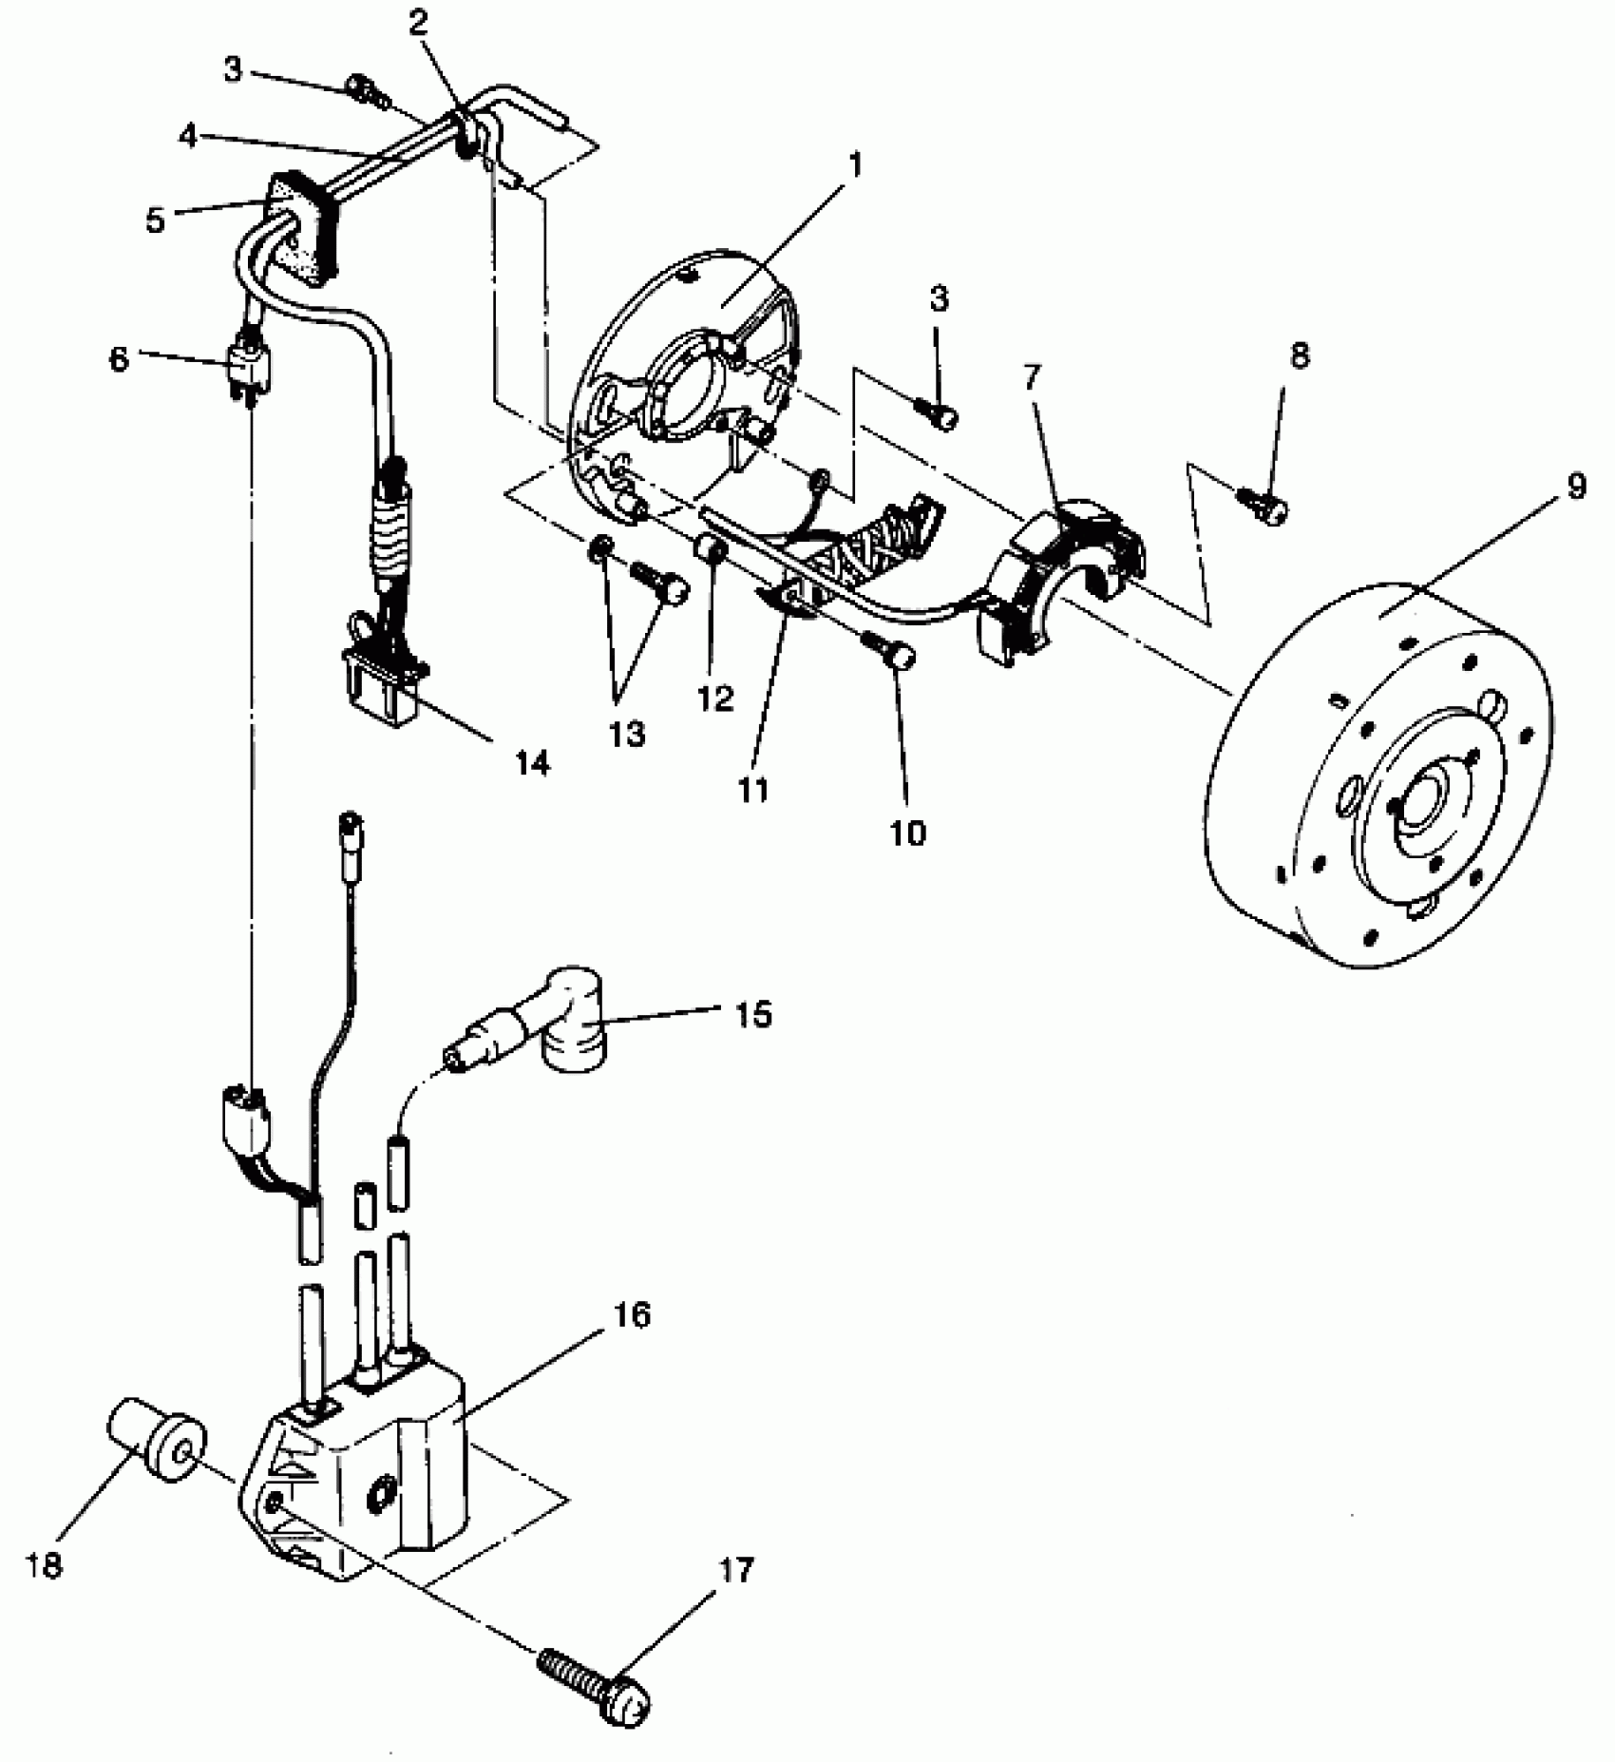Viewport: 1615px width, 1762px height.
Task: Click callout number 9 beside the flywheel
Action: [1576, 487]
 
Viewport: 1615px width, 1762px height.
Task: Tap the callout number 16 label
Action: [637, 1315]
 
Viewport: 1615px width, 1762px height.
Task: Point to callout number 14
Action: [533, 762]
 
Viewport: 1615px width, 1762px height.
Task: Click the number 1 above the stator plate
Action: [855, 165]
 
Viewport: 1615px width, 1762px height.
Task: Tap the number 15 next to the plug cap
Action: [753, 1014]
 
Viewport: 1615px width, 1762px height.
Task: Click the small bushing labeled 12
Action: [712, 549]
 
